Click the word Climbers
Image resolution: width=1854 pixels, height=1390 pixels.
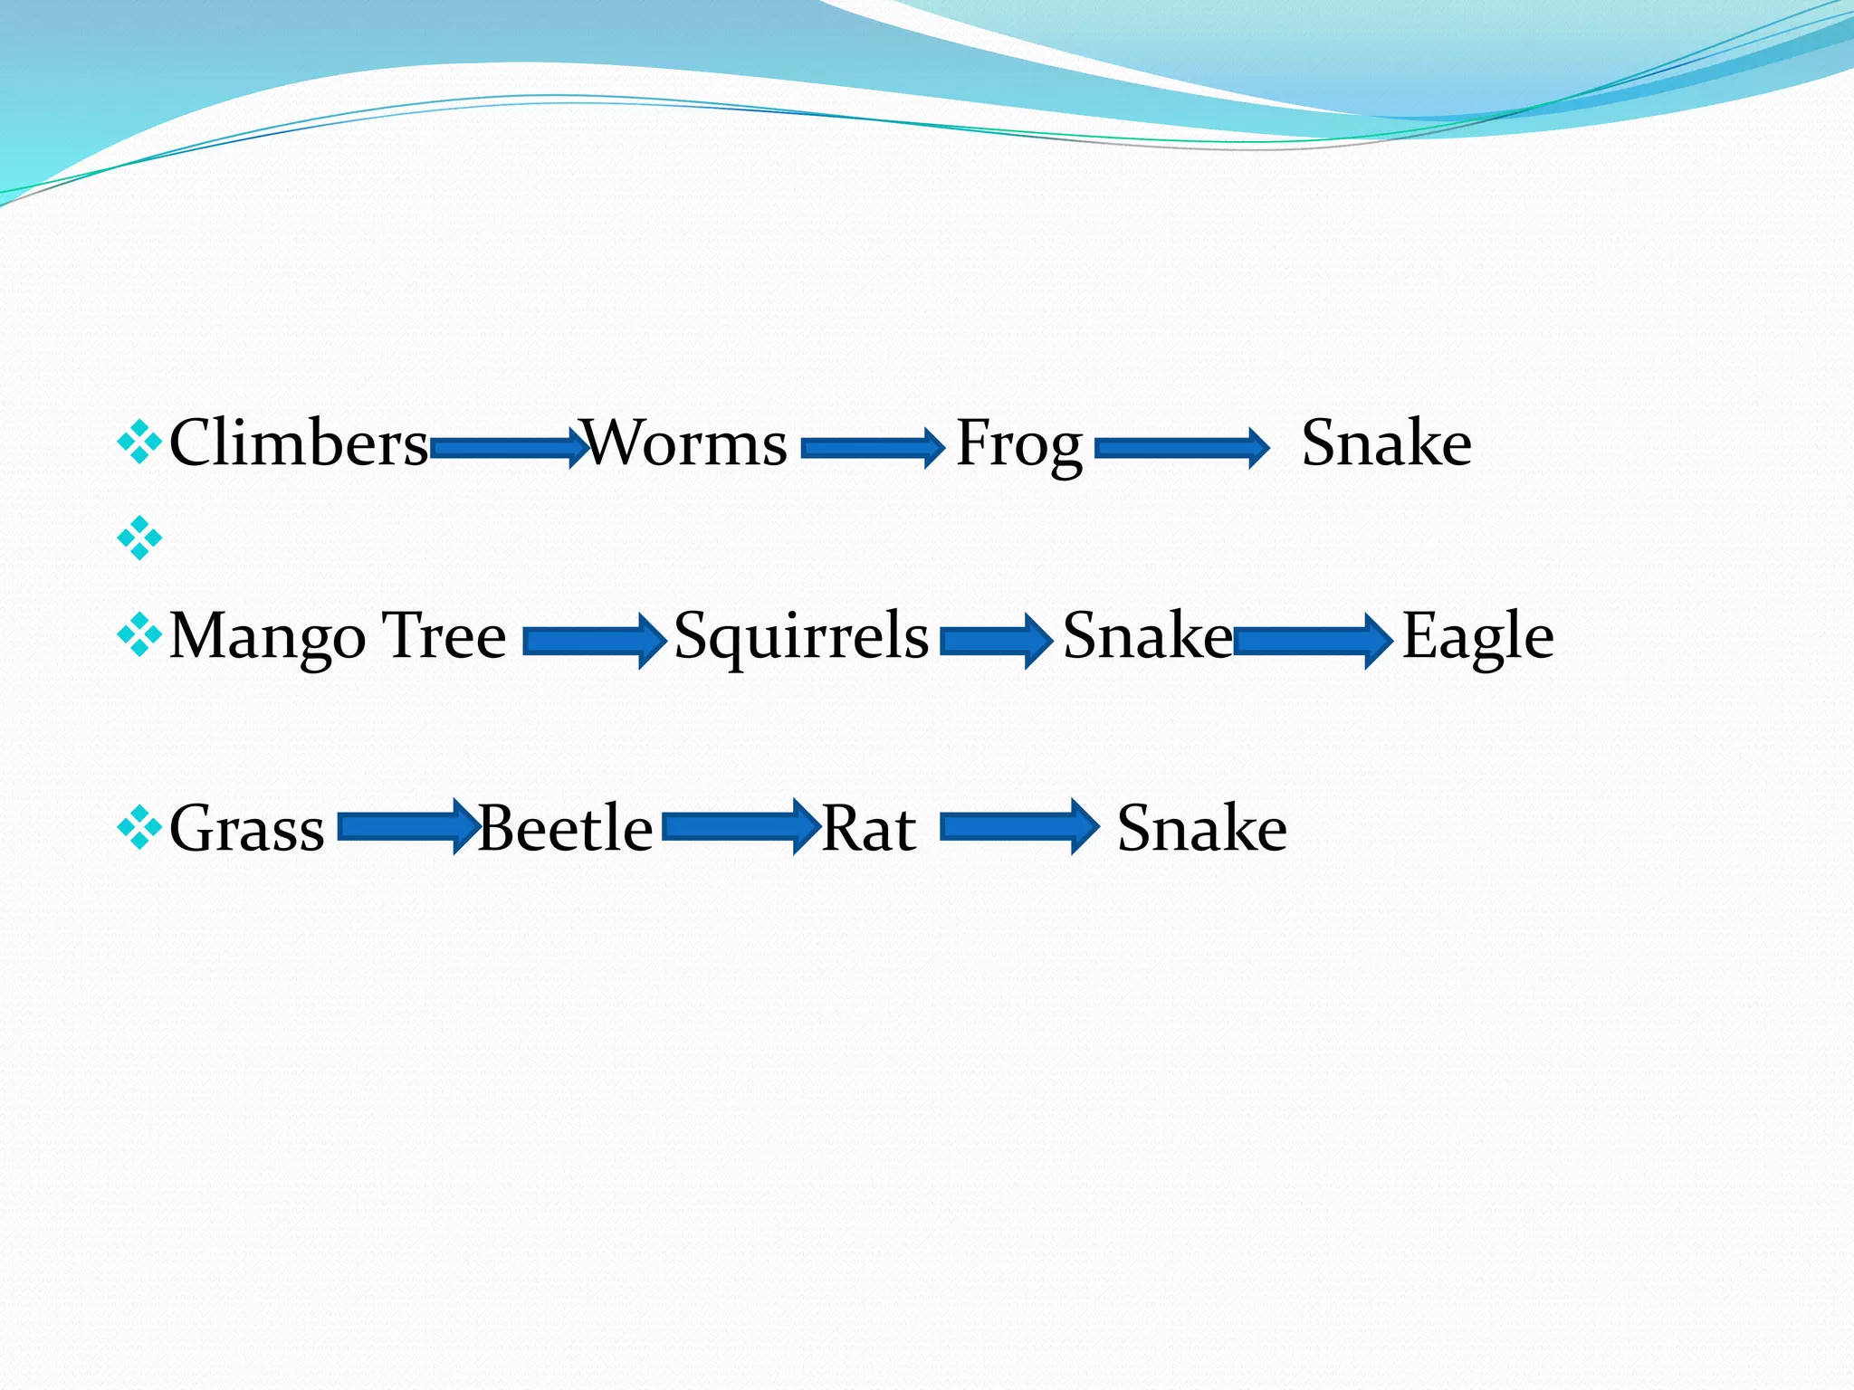pyautogui.click(x=299, y=443)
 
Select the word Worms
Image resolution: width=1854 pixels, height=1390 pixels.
pyautogui.click(x=685, y=443)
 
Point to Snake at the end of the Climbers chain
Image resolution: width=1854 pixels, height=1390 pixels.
pyautogui.click(x=1386, y=443)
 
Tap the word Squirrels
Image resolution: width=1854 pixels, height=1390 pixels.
pyautogui.click(x=801, y=636)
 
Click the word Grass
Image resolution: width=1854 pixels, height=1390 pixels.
pyautogui.click(x=246, y=828)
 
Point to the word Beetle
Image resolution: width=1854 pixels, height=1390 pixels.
pyautogui.click(x=565, y=828)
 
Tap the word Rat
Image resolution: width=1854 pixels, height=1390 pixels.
pyautogui.click(x=868, y=828)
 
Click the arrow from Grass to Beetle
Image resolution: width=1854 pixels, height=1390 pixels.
pyautogui.click(x=408, y=826)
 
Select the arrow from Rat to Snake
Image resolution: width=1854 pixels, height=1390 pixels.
pyautogui.click(x=1019, y=826)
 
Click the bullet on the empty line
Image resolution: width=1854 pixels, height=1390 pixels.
pyautogui.click(x=139, y=538)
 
